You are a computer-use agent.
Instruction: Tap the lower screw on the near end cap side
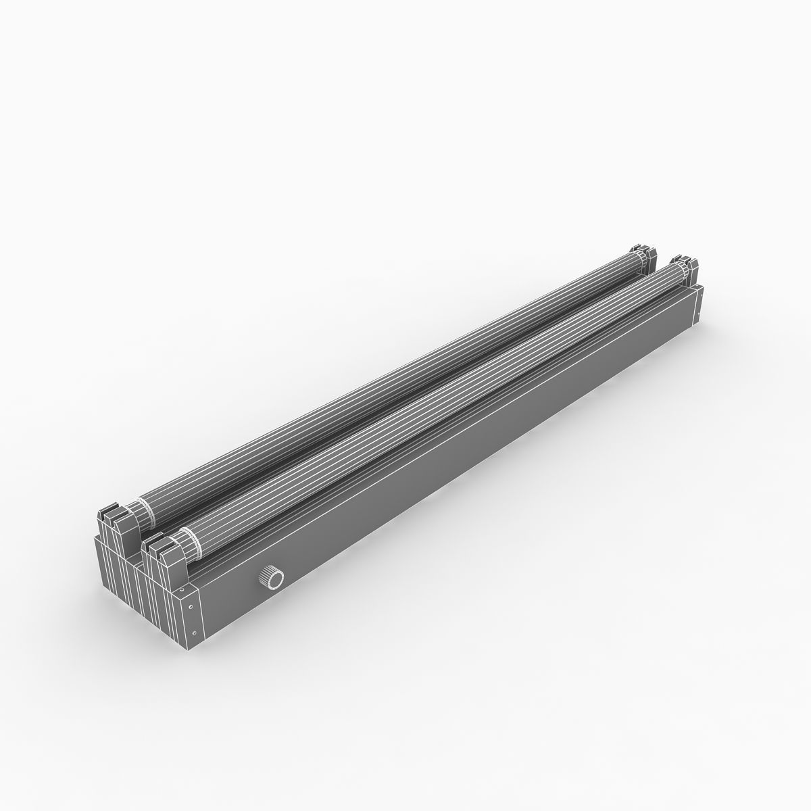click(195, 633)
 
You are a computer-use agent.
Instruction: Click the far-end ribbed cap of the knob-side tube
click(676, 272)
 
